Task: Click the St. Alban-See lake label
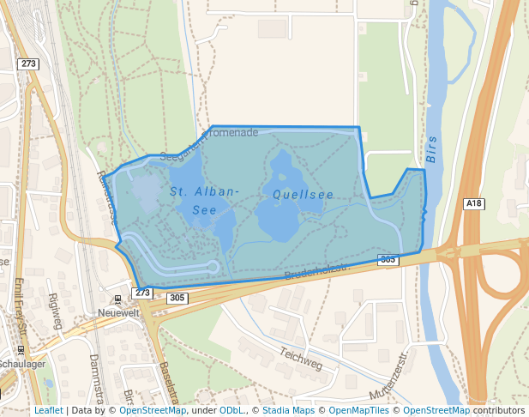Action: tap(203, 199)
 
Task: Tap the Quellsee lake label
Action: tap(303, 195)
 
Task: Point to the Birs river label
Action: tap(432, 148)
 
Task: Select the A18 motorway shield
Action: tap(474, 203)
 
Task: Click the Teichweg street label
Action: tap(301, 358)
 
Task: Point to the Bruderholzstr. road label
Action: tap(317, 271)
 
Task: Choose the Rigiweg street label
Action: tap(57, 311)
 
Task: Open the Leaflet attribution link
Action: tap(48, 410)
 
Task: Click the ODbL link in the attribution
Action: tap(231, 410)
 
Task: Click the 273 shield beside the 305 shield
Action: tap(143, 293)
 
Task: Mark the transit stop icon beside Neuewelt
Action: tap(118, 299)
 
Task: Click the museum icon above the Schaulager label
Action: tap(19, 350)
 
